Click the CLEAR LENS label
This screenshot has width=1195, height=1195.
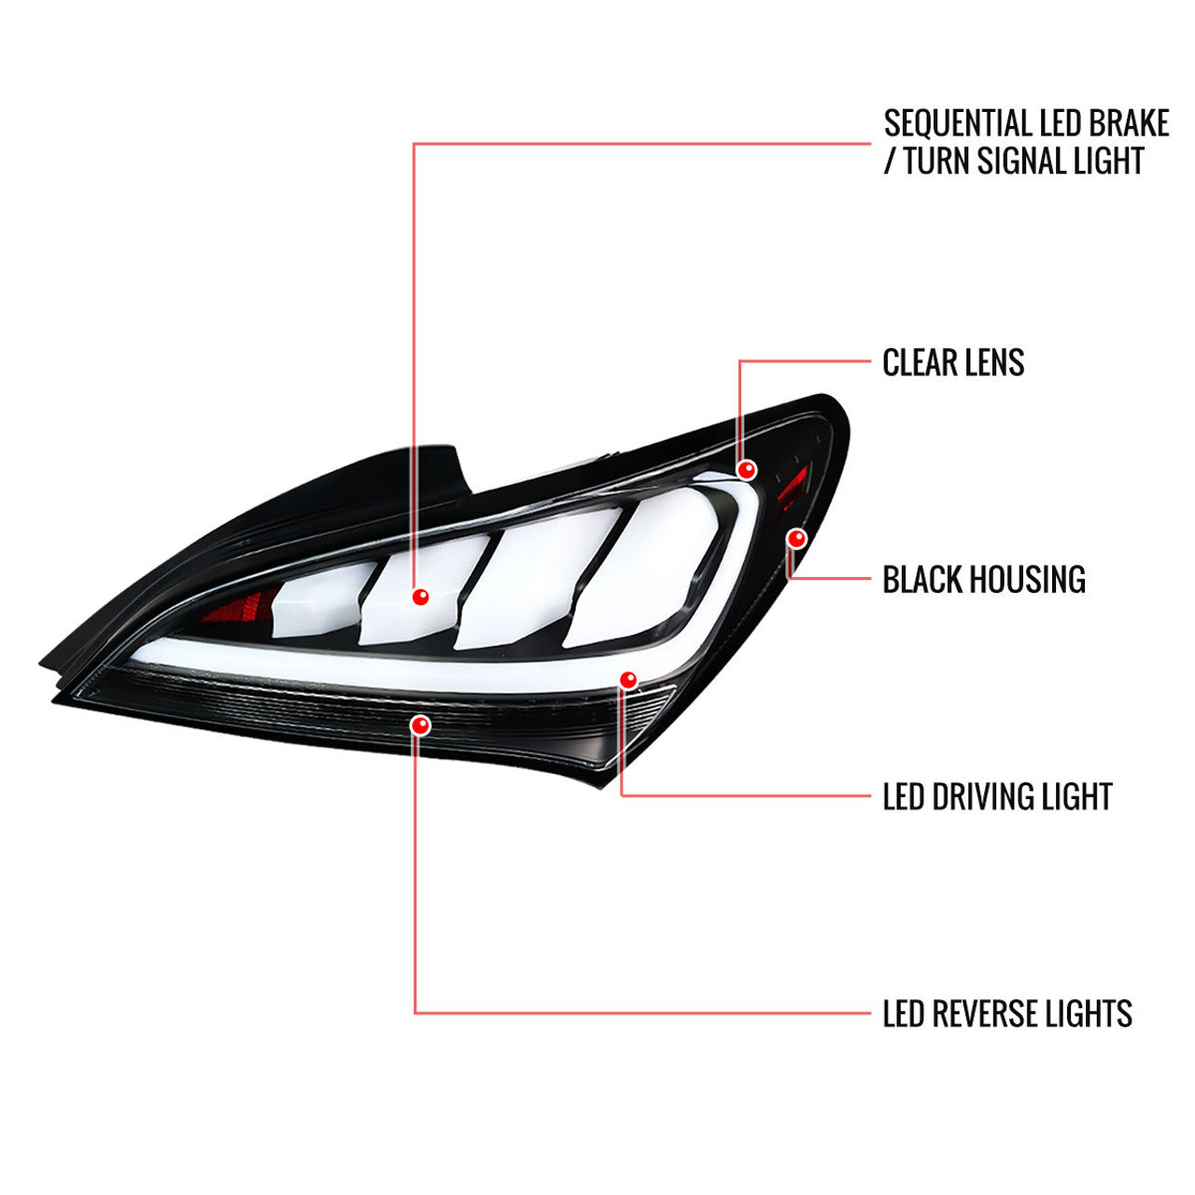coord(953,363)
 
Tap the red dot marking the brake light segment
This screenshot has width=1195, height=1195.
coord(420,597)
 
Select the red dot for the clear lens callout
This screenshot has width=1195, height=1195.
coord(746,469)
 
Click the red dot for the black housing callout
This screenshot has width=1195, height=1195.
coord(796,538)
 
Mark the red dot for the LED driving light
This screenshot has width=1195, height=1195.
coord(628,679)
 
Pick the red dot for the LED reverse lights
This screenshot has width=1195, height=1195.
coord(420,724)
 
